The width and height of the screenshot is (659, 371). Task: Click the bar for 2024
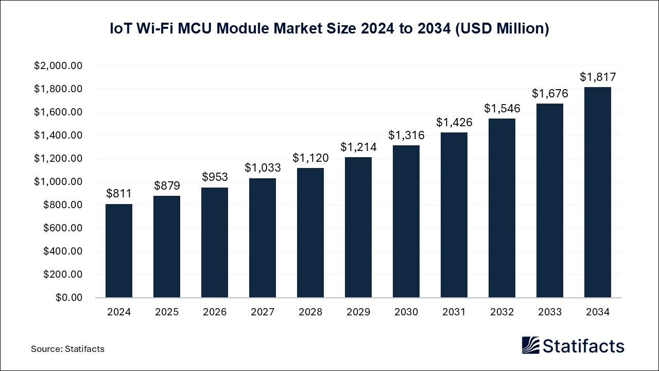(x=119, y=251)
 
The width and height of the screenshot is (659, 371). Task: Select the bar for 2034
(x=598, y=192)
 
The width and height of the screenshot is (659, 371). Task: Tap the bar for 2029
(x=358, y=227)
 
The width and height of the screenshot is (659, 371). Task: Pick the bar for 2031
(x=454, y=215)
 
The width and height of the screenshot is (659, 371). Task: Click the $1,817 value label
(x=598, y=77)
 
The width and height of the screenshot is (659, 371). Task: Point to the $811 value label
(x=119, y=194)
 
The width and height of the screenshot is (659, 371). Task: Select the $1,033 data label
(x=263, y=167)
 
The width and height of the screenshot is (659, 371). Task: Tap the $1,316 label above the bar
(x=406, y=135)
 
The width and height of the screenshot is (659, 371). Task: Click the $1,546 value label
(x=502, y=109)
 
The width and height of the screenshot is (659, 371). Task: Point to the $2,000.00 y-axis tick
(x=58, y=66)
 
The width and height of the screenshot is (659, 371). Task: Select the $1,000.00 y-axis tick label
(x=58, y=182)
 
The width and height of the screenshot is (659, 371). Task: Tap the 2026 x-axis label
(x=215, y=312)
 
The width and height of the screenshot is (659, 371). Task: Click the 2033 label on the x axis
(x=550, y=312)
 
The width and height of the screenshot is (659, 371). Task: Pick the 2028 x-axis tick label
(x=310, y=312)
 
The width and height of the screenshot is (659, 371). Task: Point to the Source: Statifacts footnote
(x=67, y=349)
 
